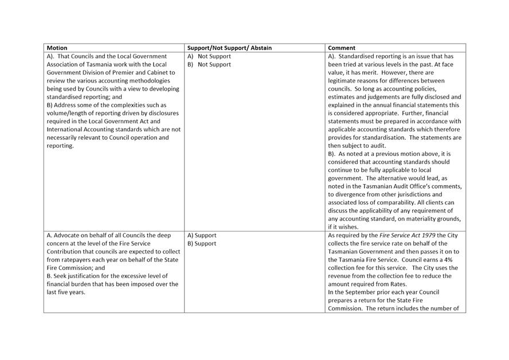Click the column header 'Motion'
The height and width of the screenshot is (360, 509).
[x=57, y=48]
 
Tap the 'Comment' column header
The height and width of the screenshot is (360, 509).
[x=342, y=48]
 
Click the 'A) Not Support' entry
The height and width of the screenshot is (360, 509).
[x=209, y=56]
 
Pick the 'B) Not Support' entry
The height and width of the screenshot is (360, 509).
[x=209, y=65]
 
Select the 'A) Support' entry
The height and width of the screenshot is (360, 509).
[x=202, y=235]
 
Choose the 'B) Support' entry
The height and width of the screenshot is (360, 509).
[x=201, y=244]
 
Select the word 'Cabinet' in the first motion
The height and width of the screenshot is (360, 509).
[x=165, y=73]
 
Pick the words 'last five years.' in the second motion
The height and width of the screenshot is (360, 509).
[x=67, y=292]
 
